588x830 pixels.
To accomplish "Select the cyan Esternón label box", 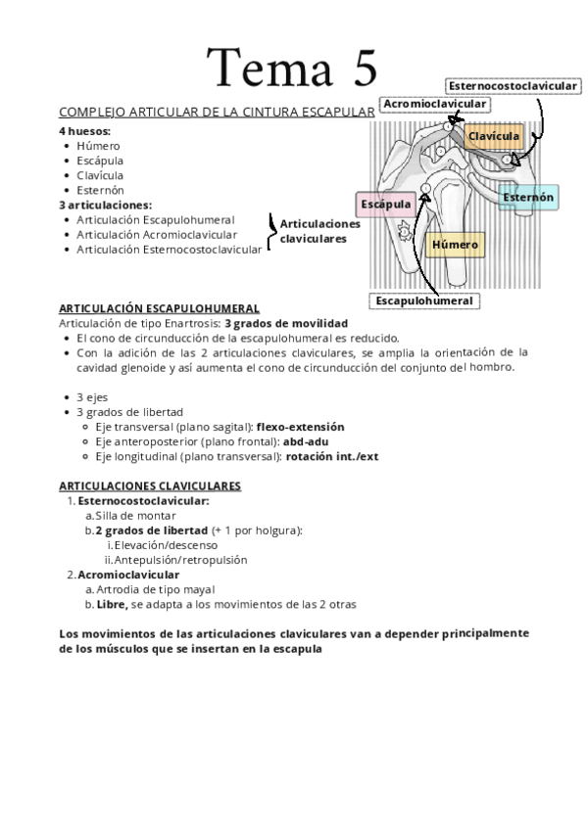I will click(x=528, y=198).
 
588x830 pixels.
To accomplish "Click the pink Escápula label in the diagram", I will click(x=385, y=205).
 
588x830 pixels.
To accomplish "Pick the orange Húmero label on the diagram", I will click(x=456, y=244).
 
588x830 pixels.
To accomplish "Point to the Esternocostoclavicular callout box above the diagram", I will click(x=512, y=86).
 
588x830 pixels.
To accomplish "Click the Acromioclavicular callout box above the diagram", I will click(x=435, y=104).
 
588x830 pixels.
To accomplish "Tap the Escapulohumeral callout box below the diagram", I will click(x=424, y=300).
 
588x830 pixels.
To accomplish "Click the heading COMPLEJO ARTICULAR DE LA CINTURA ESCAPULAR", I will click(x=217, y=113).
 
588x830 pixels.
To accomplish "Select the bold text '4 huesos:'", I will click(x=84, y=130).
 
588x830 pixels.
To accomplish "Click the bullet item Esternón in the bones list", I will click(x=100, y=190).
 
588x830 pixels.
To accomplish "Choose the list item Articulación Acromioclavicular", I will click(x=157, y=235).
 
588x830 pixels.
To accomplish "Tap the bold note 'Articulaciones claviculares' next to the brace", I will click(x=320, y=231).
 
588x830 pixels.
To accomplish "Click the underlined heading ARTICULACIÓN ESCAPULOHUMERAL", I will click(x=159, y=307).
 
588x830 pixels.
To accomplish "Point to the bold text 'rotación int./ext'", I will click(x=332, y=456).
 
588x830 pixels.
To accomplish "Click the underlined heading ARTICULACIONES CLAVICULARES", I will click(x=150, y=485).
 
